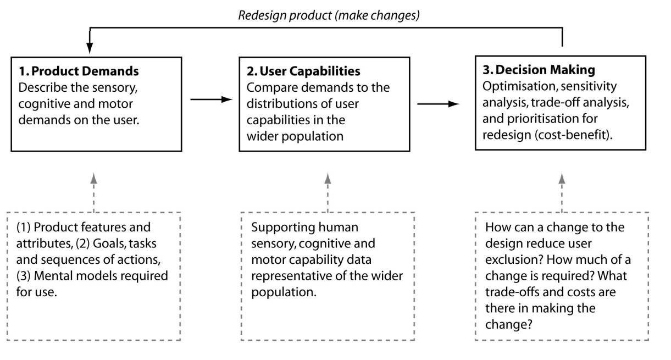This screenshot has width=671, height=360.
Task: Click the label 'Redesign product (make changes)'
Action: [329, 15]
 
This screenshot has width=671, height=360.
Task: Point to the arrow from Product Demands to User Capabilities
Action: [208, 99]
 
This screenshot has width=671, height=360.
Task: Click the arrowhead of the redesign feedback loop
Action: [89, 48]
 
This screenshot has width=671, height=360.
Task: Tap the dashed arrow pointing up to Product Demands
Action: [94, 192]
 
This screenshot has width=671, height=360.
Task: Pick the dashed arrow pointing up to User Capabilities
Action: [328, 192]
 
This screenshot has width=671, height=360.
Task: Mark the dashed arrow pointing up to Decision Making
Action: [562, 192]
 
